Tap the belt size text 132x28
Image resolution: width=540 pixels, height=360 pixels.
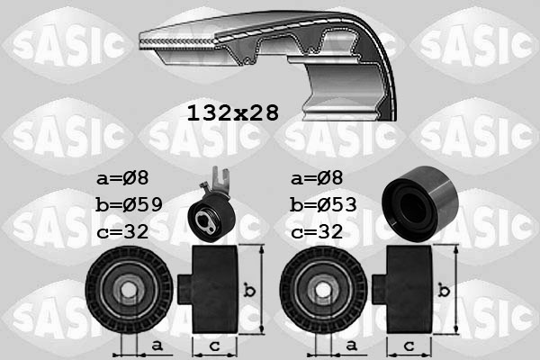(x=232, y=112)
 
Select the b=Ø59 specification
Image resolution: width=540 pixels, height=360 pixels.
(x=129, y=204)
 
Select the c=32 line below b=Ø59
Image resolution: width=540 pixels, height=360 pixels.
(x=121, y=231)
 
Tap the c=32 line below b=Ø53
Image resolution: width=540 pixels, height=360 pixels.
(x=316, y=231)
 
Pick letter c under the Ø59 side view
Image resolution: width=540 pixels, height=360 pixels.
(x=214, y=346)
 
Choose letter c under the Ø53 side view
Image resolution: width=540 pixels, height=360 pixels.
(x=409, y=346)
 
